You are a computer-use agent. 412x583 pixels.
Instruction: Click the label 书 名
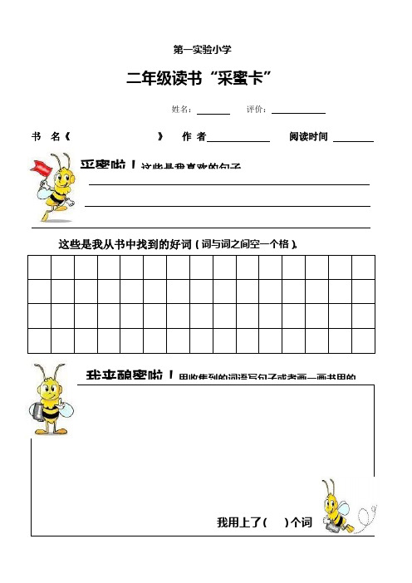pos(46,136)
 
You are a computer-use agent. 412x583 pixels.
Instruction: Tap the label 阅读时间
pos(309,136)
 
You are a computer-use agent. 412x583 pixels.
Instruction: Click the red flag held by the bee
pos(38,170)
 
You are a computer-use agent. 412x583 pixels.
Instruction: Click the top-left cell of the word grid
pos(39,268)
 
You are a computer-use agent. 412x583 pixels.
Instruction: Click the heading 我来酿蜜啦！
pos(129,376)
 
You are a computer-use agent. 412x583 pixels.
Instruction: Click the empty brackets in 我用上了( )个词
pos(275,522)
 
